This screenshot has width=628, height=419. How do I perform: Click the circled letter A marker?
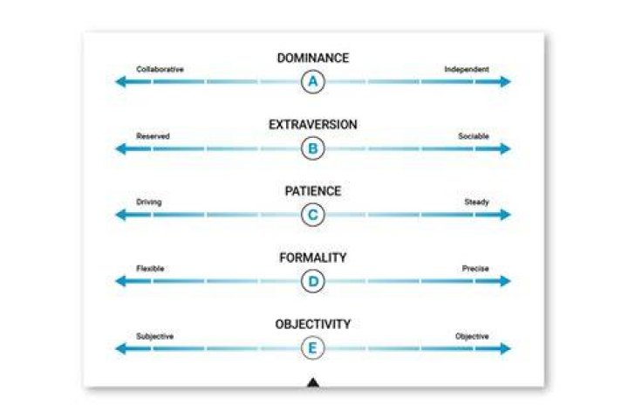(x=313, y=81)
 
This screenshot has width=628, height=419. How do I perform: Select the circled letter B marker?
(x=313, y=148)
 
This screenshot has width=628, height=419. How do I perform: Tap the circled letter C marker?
(x=313, y=215)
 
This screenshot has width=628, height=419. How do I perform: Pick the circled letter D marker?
(x=313, y=281)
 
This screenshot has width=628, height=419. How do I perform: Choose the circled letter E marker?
(x=313, y=347)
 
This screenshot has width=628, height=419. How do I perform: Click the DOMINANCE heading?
(x=313, y=58)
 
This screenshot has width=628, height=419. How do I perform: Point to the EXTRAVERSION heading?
(x=313, y=125)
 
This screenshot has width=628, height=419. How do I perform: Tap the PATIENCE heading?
(x=313, y=191)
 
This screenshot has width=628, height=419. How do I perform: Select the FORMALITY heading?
(x=313, y=258)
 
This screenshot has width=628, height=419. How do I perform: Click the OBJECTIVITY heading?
(x=313, y=324)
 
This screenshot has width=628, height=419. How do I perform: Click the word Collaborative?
(x=160, y=69)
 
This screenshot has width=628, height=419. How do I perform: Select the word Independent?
(x=467, y=69)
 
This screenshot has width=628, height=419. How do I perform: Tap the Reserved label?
(x=153, y=136)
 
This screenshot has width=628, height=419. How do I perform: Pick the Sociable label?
(x=474, y=136)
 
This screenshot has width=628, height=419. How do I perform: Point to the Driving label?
(x=149, y=203)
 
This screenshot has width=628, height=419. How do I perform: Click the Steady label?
(x=476, y=203)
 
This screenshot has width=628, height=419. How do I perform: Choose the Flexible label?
(x=150, y=268)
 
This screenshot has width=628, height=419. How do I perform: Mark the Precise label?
(x=475, y=268)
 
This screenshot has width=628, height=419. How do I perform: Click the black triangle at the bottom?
(x=313, y=382)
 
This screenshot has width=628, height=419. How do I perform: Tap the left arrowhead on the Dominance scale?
(x=121, y=81)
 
